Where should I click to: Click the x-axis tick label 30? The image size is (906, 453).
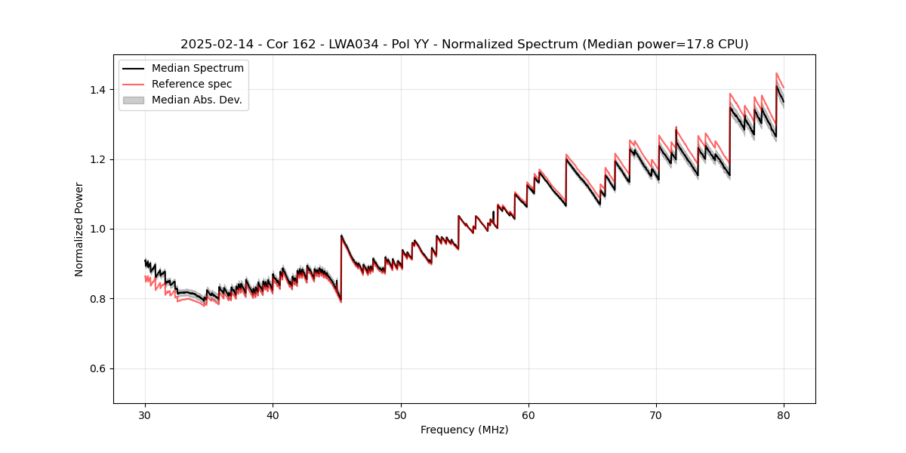(x=146, y=414)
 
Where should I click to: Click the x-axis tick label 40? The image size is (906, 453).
(x=273, y=414)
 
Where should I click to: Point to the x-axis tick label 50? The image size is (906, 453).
(x=401, y=414)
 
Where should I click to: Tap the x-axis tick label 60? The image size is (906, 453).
(x=528, y=414)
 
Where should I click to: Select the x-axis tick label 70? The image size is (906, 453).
(x=656, y=414)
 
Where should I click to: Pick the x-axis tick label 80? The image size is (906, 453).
(x=784, y=414)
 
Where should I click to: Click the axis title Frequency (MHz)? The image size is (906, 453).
(x=464, y=430)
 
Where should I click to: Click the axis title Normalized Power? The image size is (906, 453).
(x=79, y=229)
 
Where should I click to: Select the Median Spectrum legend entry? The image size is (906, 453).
(x=197, y=69)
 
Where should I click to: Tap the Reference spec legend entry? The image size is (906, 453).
(x=192, y=84)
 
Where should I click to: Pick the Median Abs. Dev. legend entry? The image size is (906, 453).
(x=196, y=100)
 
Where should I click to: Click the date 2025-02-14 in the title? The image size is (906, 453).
(x=211, y=45)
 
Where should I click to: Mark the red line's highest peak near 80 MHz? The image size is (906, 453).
(x=776, y=73)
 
